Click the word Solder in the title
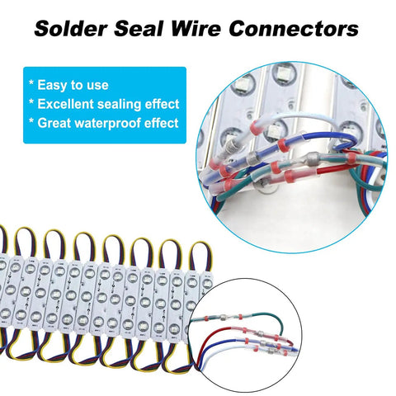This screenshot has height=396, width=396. point(70,29)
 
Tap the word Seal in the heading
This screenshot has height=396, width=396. point(139,29)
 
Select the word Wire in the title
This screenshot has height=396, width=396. point(196,29)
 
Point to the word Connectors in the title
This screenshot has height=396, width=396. point(294,29)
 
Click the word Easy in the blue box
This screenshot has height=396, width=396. point(53,85)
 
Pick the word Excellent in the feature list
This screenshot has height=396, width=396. point(66,104)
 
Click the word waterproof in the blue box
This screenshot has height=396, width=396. point(107,124)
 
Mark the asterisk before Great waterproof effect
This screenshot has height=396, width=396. point(31,120)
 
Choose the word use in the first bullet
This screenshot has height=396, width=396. point(97,86)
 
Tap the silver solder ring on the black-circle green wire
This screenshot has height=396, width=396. point(222,318)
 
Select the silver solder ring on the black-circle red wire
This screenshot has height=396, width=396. point(260,333)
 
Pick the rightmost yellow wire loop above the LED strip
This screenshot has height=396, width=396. point(200,254)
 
